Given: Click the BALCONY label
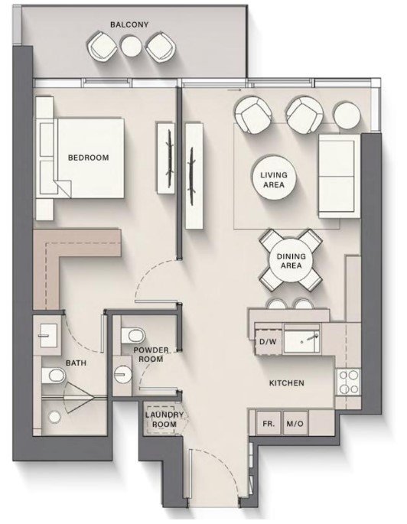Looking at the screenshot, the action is tap(129, 24).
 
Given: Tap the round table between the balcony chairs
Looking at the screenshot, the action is tap(132, 46).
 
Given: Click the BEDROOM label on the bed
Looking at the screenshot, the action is tap(89, 158).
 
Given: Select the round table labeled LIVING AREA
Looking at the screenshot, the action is tap(274, 180).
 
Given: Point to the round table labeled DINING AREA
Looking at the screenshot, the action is tap(291, 261).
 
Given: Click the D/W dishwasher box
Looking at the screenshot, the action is tap(268, 341).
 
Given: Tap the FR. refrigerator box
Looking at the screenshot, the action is tap(269, 424).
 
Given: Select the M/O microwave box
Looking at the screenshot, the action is tap(295, 424).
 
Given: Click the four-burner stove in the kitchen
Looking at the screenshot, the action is tap(349, 382).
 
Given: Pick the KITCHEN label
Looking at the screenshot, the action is tap(287, 383).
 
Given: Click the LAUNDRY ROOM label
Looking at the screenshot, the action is tap(164, 420).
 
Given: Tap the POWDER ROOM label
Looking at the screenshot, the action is tap(151, 355).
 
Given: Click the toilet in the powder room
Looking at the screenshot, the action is tap(132, 336).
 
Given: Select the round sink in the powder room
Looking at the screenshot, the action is tap(122, 374).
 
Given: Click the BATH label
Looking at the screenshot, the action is tap(76, 363).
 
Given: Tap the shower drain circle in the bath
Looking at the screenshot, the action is tap(54, 417).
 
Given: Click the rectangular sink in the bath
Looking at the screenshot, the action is tap(47, 336).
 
